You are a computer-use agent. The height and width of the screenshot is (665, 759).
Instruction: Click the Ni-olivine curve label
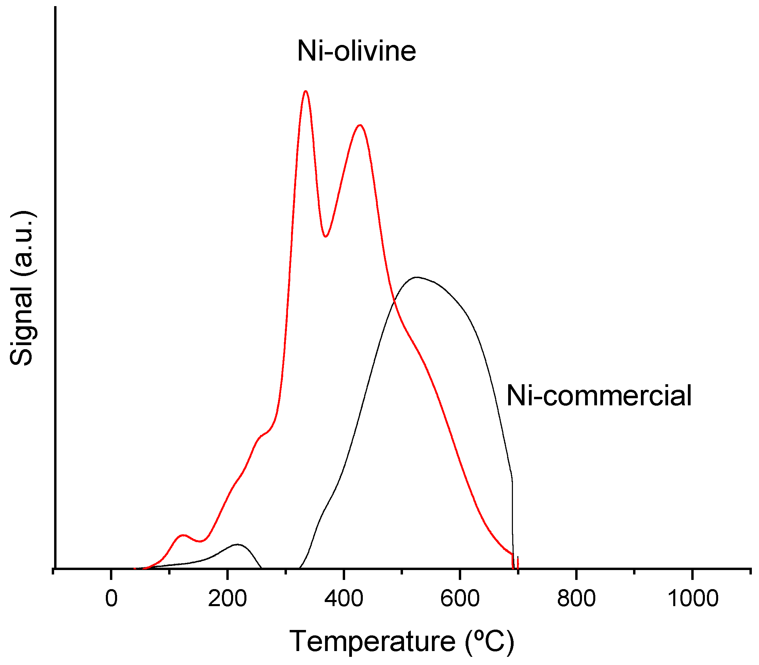pyautogui.click(x=356, y=51)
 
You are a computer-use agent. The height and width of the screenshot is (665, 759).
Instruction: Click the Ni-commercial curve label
pyautogui.click(x=599, y=395)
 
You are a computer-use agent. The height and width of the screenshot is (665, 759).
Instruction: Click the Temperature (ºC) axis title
pyautogui.click(x=402, y=641)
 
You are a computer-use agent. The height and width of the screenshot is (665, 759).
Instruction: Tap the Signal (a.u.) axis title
pyautogui.click(x=21, y=288)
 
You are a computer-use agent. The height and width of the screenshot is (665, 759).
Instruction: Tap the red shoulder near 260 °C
pyautogui.click(x=263, y=434)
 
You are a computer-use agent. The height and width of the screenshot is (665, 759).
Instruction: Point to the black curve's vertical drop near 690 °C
pyautogui.click(x=513, y=520)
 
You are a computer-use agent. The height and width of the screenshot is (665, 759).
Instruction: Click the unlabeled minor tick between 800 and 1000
pyautogui.click(x=634, y=572)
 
